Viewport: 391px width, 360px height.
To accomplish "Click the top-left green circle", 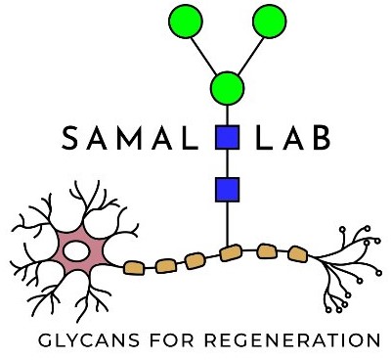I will pos(185,20).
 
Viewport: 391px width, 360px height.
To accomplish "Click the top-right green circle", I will pos(269,20).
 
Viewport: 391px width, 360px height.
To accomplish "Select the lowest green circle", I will pos(227,87).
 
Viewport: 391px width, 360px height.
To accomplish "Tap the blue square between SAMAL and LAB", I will pos(227,138).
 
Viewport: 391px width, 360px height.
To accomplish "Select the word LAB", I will pos(293,140).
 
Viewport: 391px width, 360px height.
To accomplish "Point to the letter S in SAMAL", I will pos(70,140).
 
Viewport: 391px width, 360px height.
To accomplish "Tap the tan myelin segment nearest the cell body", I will pos(134,266).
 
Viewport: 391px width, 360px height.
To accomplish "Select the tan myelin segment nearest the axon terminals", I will pos(296,253).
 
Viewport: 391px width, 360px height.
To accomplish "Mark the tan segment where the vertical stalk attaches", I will pos(231,253).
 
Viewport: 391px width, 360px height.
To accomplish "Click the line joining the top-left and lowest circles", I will pos(205,53).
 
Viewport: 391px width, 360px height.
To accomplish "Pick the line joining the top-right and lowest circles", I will pos(248,53).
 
